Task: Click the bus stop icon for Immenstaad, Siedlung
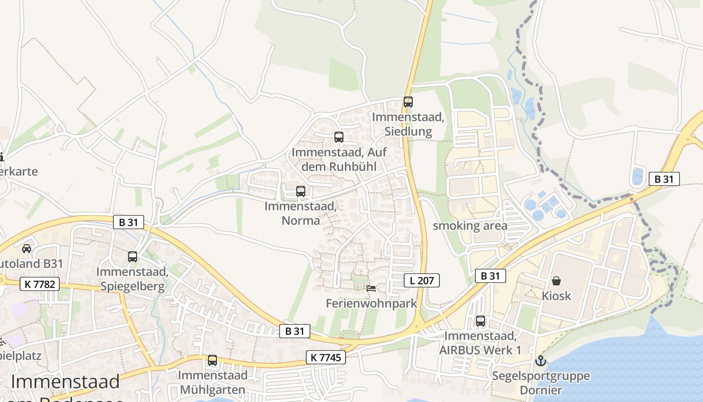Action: click(x=408, y=102)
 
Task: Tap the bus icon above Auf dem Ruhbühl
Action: click(x=339, y=137)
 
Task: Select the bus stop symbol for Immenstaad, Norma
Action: click(x=301, y=191)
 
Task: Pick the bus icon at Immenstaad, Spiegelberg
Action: click(x=133, y=256)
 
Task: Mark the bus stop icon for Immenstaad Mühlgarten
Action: click(x=212, y=360)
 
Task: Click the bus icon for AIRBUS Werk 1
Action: click(x=481, y=321)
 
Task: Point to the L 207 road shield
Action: click(x=422, y=280)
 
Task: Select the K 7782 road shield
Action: click(x=40, y=284)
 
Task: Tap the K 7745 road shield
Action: click(x=326, y=357)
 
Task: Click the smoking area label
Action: click(x=470, y=226)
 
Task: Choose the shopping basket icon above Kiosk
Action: click(x=556, y=280)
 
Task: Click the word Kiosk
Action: click(x=556, y=295)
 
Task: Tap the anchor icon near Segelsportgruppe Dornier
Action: click(x=540, y=360)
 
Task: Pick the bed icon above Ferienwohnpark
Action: click(x=371, y=288)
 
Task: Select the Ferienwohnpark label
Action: click(x=372, y=303)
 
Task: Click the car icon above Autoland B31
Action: click(x=27, y=248)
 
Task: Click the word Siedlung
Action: click(x=408, y=132)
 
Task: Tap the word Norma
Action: click(x=301, y=220)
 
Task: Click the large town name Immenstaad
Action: click(x=65, y=382)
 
